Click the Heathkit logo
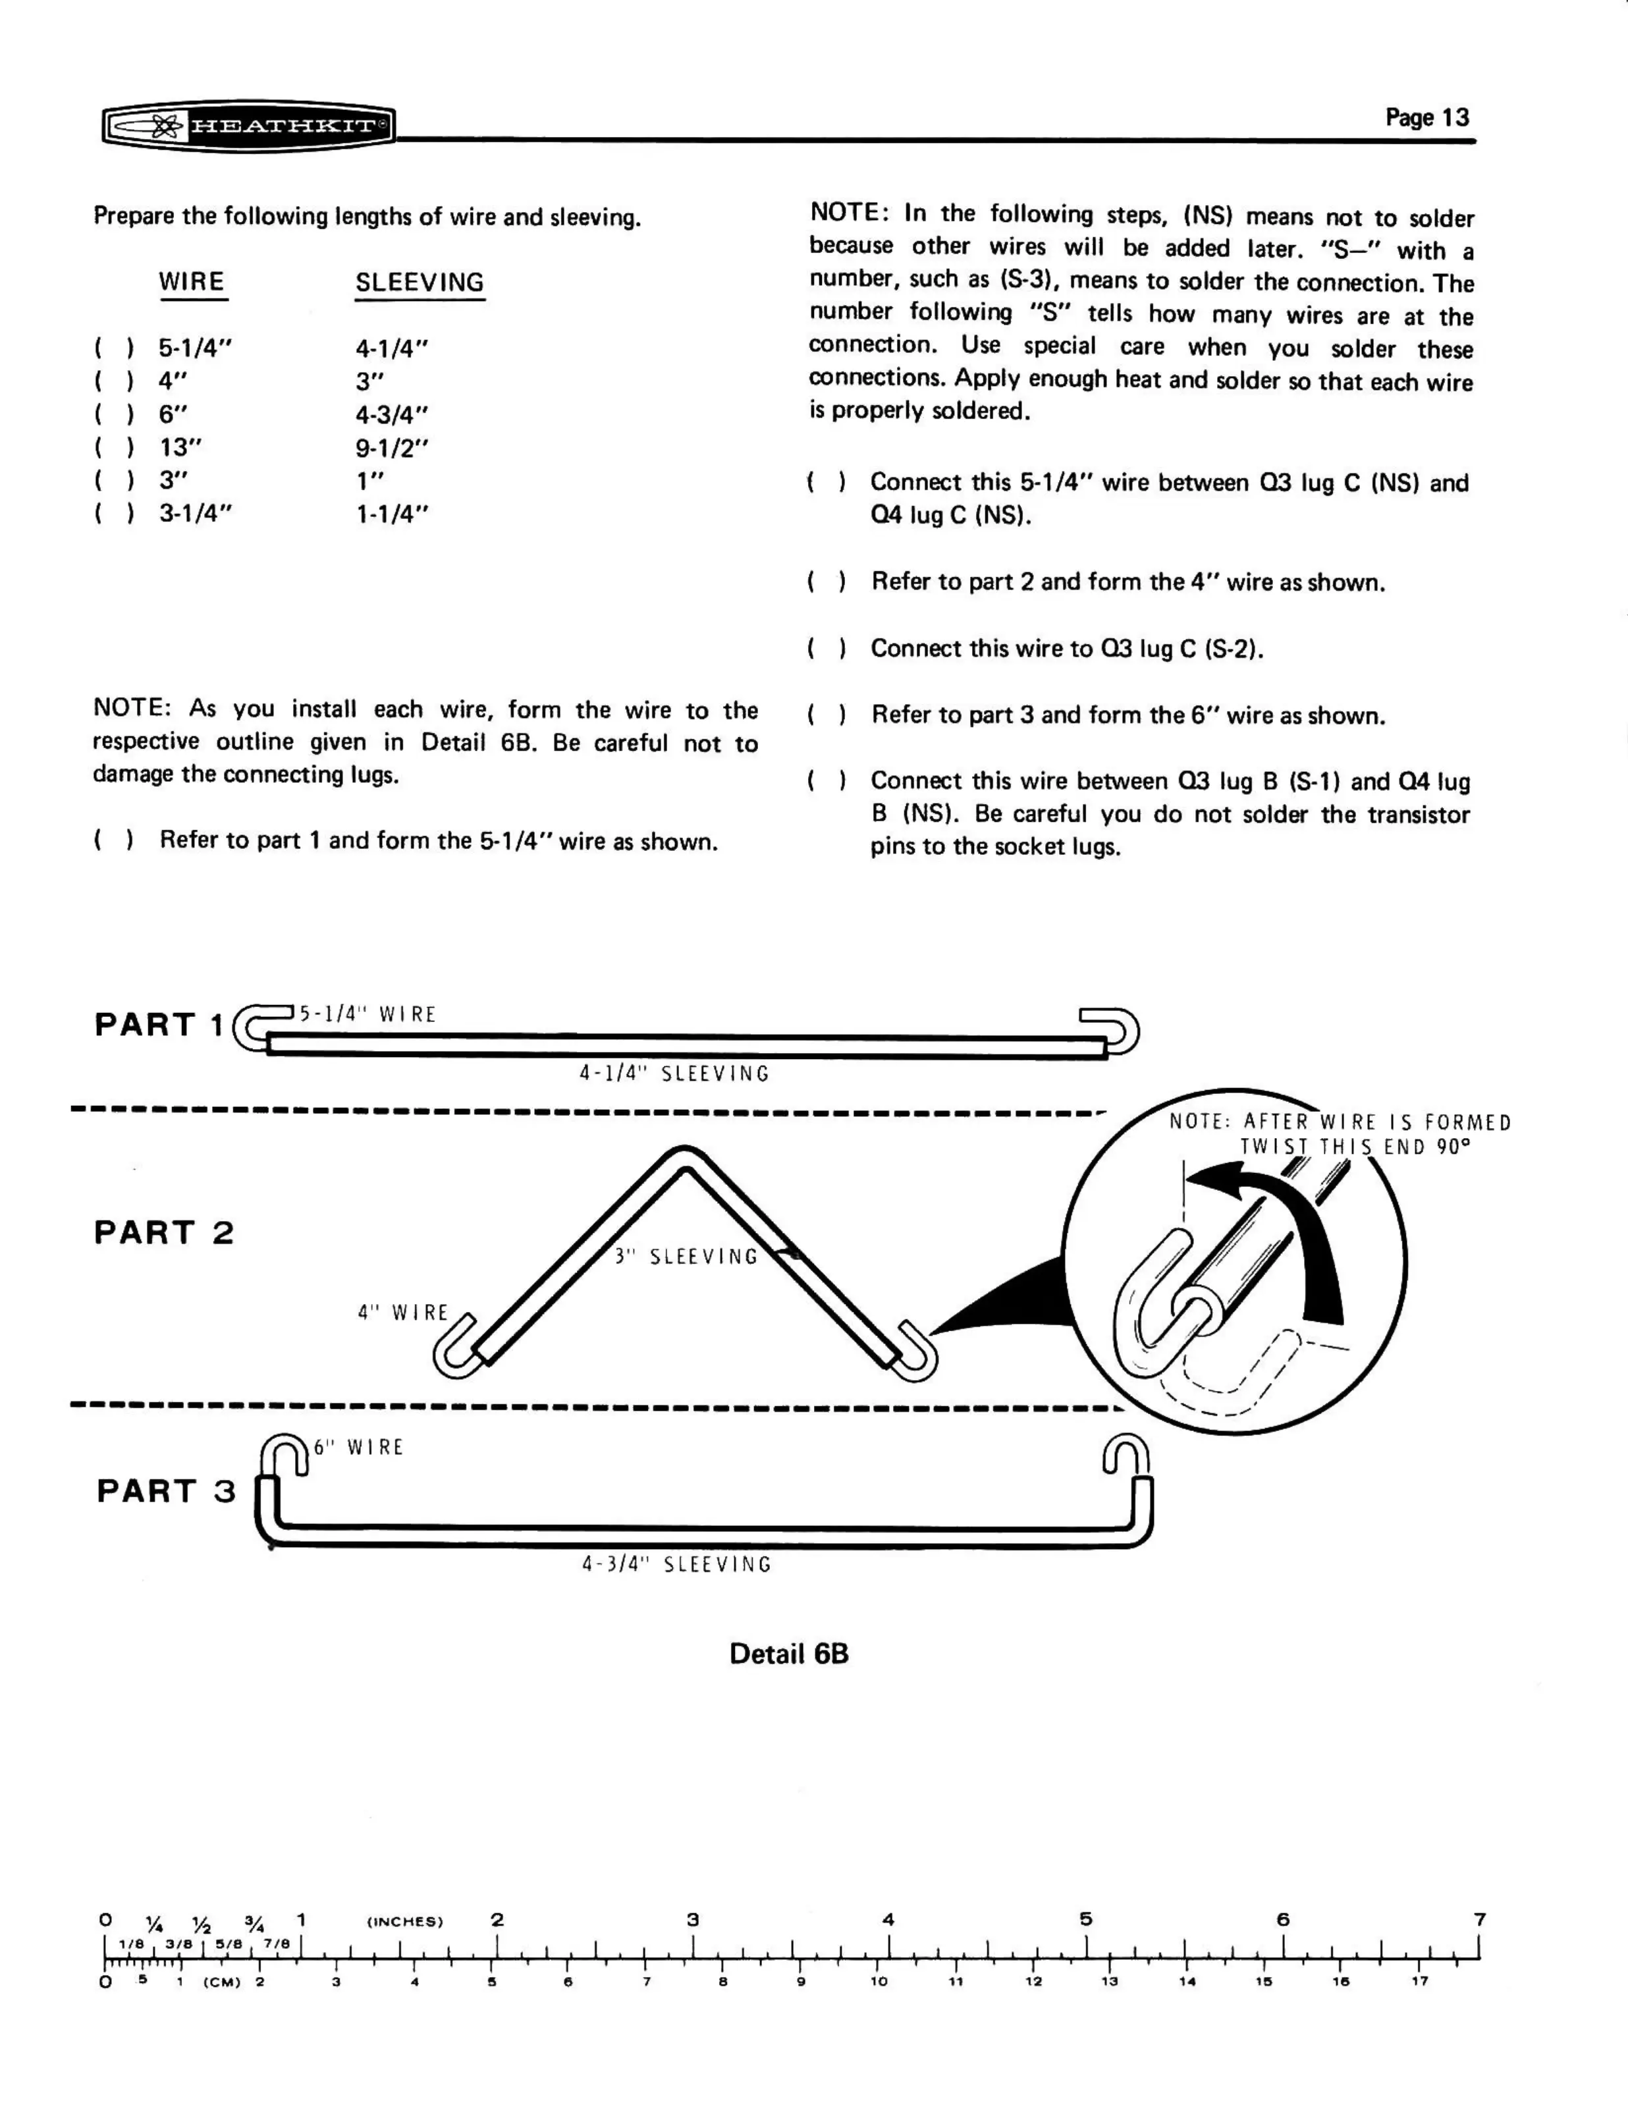tap(248, 126)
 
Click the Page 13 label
tap(1426, 117)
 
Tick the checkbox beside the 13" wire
tap(113, 449)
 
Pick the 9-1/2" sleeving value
tap(391, 449)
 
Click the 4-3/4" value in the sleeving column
tap(391, 415)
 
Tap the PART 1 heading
tap(160, 1024)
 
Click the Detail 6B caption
tap(789, 1653)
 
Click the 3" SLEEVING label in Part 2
tap(686, 1257)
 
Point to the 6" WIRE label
tap(358, 1448)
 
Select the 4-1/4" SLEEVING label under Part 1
tap(674, 1074)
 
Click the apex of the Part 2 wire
tap(684, 1156)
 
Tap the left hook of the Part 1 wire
tap(254, 1029)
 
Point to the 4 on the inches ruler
tap(888, 1920)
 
